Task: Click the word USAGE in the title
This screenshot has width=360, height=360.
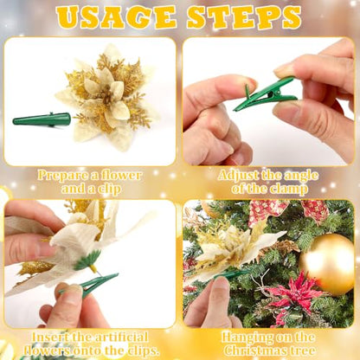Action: pyautogui.click(x=117, y=17)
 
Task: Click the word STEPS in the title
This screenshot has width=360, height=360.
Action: pyautogui.click(x=244, y=17)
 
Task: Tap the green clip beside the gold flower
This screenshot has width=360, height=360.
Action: pyautogui.click(x=42, y=119)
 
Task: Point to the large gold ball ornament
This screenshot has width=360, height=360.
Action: pyautogui.click(x=327, y=264)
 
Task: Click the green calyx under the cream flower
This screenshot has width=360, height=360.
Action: pyautogui.click(x=87, y=260)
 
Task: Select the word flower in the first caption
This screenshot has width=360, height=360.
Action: pyautogui.click(x=122, y=176)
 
